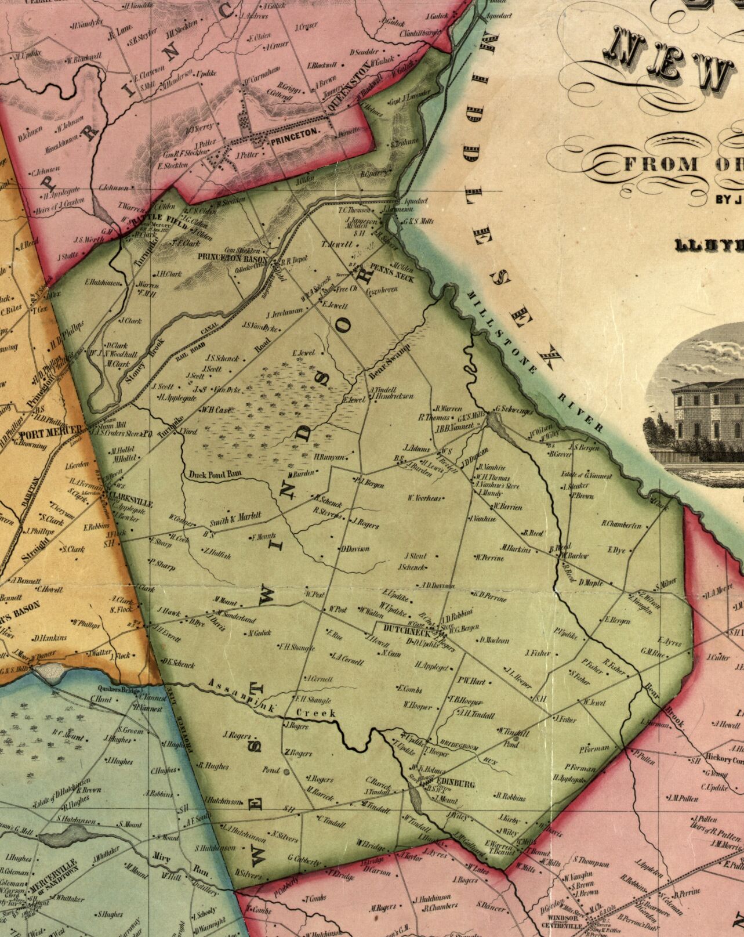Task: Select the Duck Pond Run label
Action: point(214,475)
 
